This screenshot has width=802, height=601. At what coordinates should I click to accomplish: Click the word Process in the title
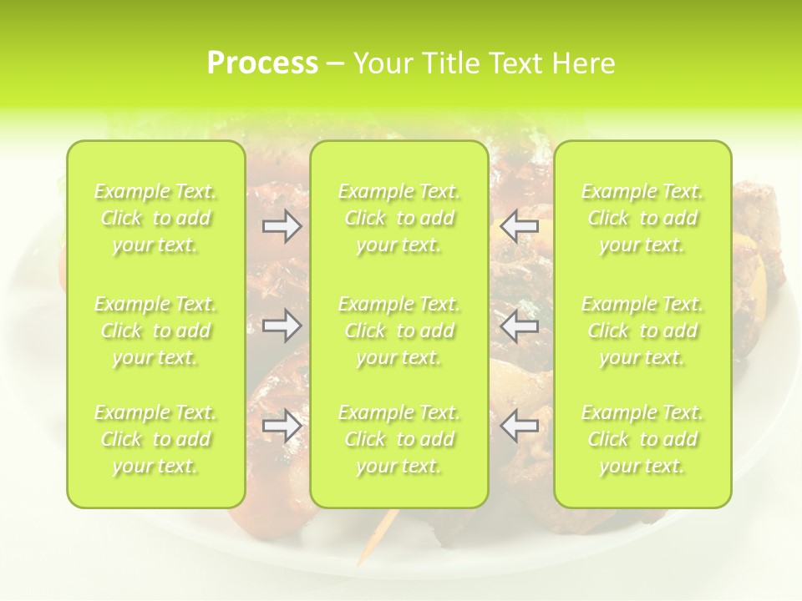pos(262,63)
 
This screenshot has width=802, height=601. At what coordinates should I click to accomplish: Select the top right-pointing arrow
pos(282,226)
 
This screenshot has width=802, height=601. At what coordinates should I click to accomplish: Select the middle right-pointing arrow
pos(282,326)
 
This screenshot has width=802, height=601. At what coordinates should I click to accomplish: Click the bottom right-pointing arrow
pos(282,427)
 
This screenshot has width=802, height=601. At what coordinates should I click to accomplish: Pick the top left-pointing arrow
pos(519,226)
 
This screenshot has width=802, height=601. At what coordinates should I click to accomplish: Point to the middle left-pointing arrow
pos(519,326)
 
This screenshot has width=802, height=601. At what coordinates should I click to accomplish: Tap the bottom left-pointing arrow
pos(519,427)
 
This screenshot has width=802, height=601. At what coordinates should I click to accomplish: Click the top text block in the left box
pos(155,218)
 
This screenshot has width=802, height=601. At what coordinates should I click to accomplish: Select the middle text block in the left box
pos(155,331)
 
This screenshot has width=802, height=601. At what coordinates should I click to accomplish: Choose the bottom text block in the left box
pos(155,439)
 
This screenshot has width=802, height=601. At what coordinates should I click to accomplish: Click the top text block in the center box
pos(398,218)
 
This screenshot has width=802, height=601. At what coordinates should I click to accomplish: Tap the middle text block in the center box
pos(398,331)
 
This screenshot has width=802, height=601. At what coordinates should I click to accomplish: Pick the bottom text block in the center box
pos(398,439)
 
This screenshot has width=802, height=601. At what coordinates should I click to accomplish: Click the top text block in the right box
pos(642,218)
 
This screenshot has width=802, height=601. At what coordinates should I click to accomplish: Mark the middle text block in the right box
pos(642,331)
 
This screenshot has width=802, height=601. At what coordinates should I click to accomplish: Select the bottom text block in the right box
pos(642,439)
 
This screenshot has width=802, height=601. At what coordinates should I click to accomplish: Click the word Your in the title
pos(380,63)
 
